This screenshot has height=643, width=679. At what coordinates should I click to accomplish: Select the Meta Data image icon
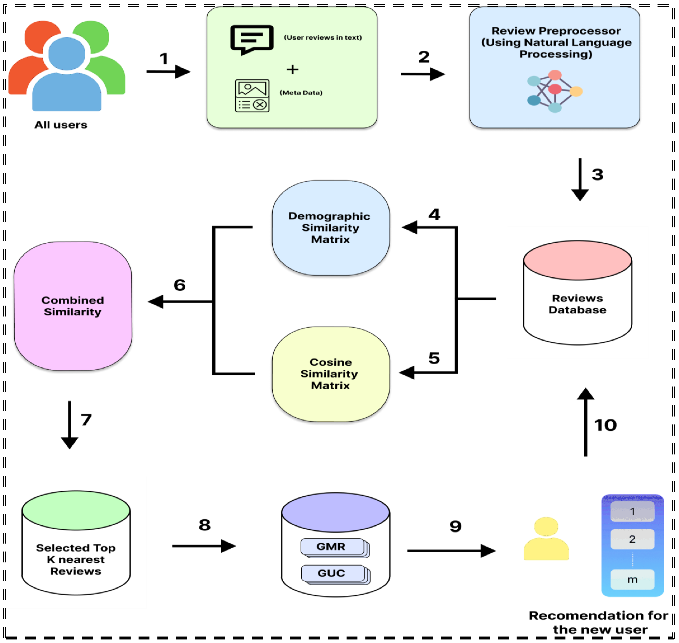[x=252, y=96]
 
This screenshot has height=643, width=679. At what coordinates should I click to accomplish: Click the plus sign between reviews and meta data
[x=292, y=70]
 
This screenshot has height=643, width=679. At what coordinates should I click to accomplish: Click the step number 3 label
[x=598, y=174]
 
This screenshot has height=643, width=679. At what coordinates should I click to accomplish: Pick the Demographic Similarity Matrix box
[x=331, y=228]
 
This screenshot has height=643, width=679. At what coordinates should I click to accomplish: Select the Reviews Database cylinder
[x=578, y=293]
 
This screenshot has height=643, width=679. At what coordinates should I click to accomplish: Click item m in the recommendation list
[x=632, y=580]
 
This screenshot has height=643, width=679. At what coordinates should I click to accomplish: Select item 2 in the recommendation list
[x=632, y=539]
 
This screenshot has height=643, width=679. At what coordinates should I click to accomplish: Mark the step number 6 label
[x=180, y=285]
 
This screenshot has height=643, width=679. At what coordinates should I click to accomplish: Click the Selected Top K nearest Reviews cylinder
[x=76, y=543]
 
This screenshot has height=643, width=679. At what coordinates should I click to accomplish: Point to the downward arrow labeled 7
[x=70, y=425]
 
